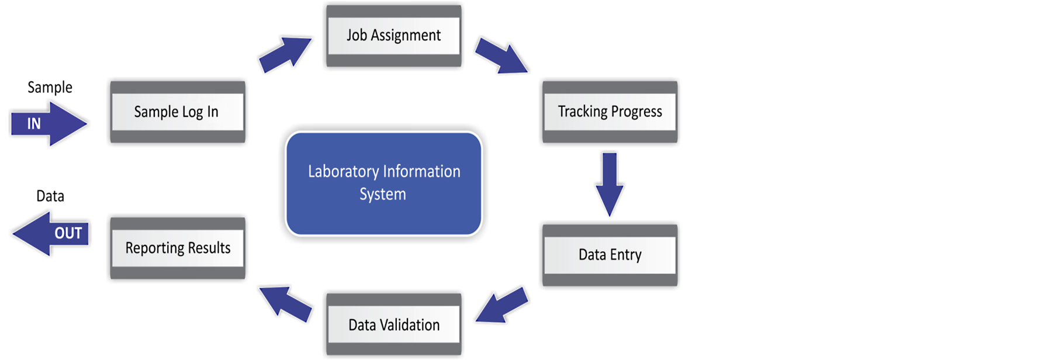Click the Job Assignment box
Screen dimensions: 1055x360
pos(394,36)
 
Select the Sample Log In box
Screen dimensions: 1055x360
pos(178,112)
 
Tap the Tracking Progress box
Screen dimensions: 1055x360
pos(610,112)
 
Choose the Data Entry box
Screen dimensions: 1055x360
pos(610,255)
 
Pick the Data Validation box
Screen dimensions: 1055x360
pos(394,325)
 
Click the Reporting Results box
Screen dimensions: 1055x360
pos(178,248)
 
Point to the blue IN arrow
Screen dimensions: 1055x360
pos(49,123)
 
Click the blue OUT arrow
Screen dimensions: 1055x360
pos(50,233)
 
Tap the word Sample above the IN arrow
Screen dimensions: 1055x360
pos(50,88)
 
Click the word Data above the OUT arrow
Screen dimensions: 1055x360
pos(50,196)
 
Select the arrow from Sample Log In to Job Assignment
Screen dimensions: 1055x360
pos(285,54)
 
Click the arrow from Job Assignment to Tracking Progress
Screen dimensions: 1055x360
pos(501,56)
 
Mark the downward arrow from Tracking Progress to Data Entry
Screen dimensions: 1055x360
pos(610,185)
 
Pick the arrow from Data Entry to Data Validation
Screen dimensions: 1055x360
pos(501,305)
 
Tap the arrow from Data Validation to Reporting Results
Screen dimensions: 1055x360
pos(285,304)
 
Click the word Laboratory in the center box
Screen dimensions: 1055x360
pos(344,172)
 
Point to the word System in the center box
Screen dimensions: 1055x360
pos(383,195)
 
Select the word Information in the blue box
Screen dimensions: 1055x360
pos(422,171)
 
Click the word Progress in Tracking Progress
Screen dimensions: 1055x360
pos(636,112)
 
